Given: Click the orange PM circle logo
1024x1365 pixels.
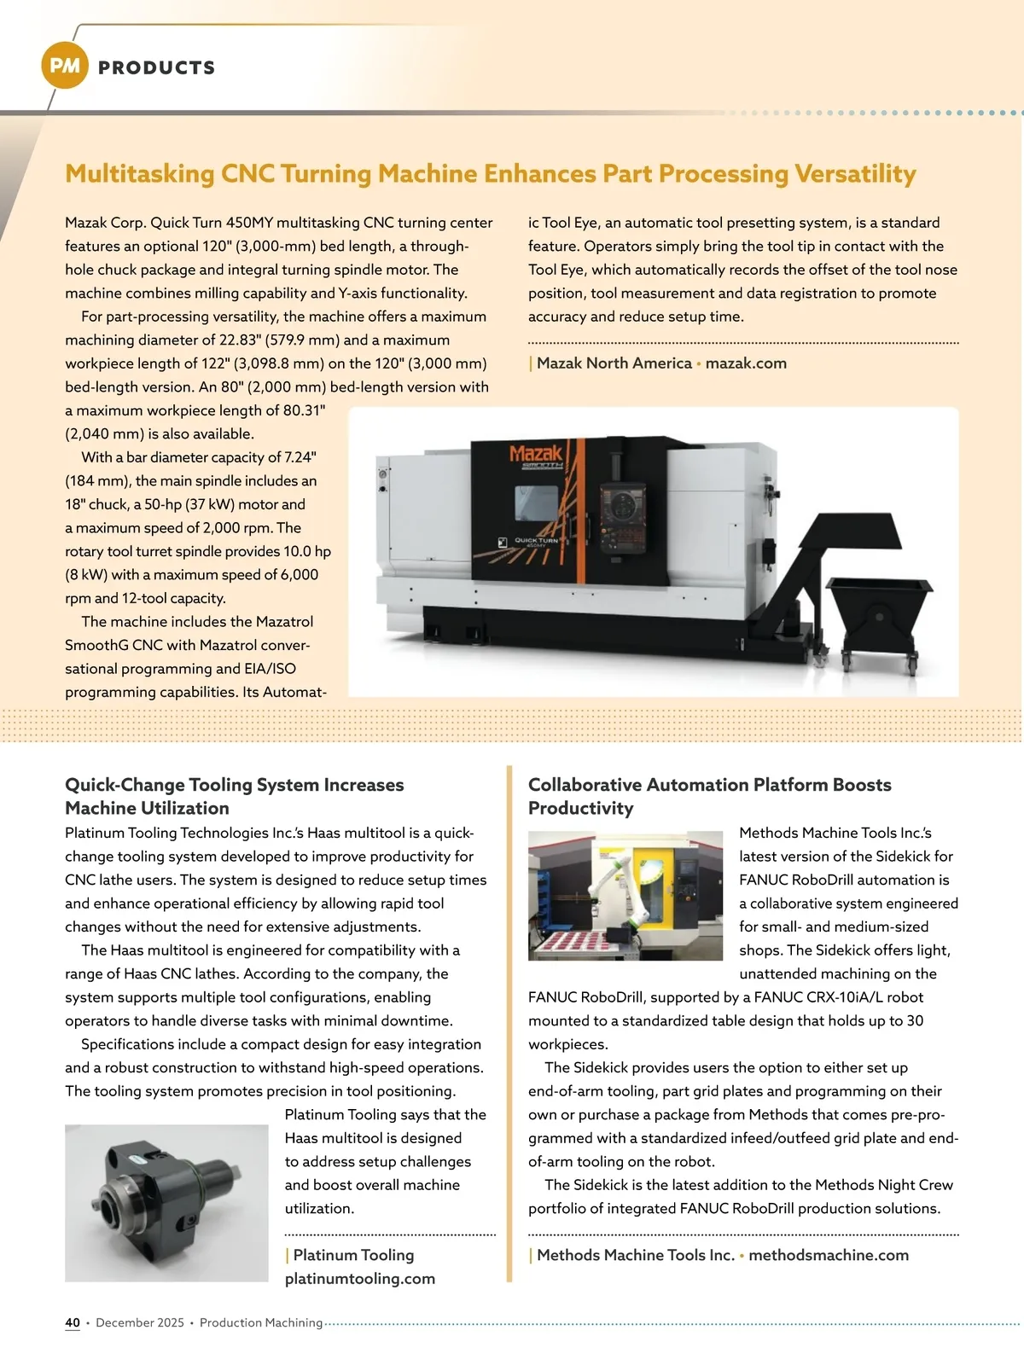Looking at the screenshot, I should click(x=65, y=66).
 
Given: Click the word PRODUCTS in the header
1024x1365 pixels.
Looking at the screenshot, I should click(x=157, y=68).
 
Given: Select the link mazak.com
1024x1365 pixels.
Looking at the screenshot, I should click(x=746, y=363).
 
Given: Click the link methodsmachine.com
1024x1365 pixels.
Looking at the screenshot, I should click(x=829, y=1255).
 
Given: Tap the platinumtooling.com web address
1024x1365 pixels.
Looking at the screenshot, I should click(x=360, y=1279).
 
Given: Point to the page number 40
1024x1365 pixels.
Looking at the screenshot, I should click(x=73, y=1322).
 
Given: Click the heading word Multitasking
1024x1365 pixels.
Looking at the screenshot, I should click(x=140, y=174).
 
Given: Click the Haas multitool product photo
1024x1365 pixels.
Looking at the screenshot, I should click(x=166, y=1203).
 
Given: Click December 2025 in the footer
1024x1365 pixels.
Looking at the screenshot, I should click(x=140, y=1322).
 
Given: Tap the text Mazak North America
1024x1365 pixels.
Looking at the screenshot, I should click(x=614, y=363).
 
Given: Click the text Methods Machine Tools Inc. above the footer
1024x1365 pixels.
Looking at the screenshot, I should click(x=636, y=1255).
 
